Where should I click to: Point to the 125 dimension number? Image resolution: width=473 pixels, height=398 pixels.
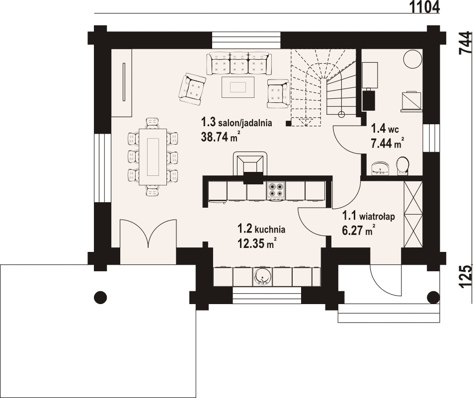pyautogui.click(x=465, y=277)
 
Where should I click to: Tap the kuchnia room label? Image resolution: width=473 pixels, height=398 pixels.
pyautogui.click(x=261, y=230)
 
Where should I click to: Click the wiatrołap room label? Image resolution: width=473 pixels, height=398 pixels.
pyautogui.click(x=368, y=216)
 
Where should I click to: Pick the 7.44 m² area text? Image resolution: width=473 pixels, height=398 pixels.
pyautogui.click(x=388, y=143)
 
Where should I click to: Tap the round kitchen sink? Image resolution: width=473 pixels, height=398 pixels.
pyautogui.click(x=262, y=276)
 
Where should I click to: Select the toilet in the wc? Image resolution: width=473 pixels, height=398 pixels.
pyautogui.click(x=402, y=165)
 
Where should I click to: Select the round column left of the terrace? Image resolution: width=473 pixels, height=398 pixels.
pyautogui.click(x=100, y=297)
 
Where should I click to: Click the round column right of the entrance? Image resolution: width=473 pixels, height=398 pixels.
pyautogui.click(x=433, y=297)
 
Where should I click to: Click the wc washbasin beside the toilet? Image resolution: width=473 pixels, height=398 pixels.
pyautogui.click(x=380, y=168)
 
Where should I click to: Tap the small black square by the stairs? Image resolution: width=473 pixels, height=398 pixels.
pyautogui.click(x=288, y=123)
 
